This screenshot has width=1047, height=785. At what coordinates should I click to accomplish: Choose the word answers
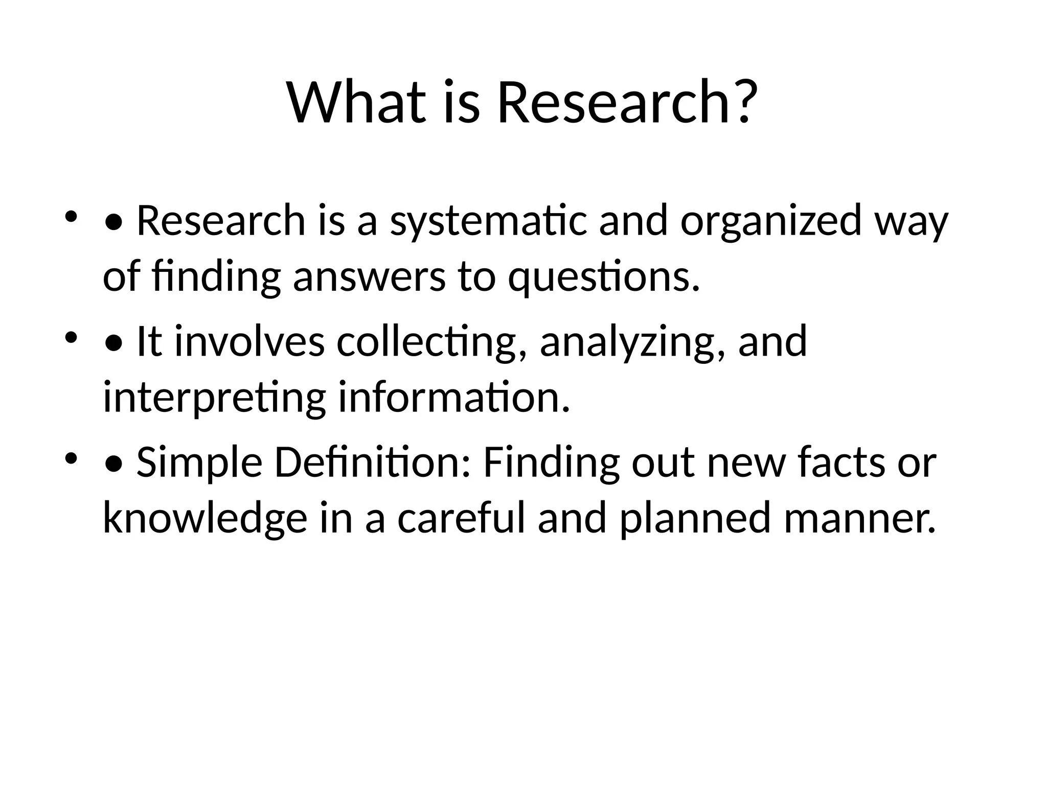coord(369,278)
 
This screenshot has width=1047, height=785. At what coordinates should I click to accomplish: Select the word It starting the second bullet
coord(149,342)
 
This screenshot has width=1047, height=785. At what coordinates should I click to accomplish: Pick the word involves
coord(249,342)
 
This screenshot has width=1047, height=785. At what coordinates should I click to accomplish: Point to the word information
coord(454,397)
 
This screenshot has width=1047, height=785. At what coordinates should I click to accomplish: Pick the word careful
coord(461,518)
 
